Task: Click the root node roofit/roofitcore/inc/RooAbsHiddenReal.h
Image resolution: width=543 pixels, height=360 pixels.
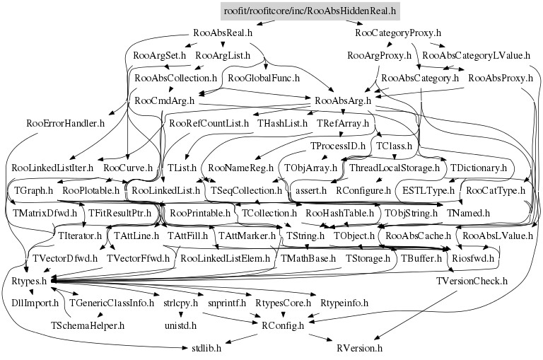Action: click(x=309, y=11)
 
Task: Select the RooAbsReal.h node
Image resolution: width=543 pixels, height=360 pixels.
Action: click(x=223, y=33)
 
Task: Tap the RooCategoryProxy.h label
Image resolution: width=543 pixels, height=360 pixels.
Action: click(x=398, y=33)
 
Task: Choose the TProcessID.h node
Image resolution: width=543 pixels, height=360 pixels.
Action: click(x=337, y=146)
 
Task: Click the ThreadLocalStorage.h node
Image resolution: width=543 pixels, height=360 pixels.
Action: click(x=395, y=168)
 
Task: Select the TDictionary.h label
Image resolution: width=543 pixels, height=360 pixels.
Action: click(x=479, y=168)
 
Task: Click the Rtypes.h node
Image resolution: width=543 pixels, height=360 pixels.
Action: click(x=29, y=281)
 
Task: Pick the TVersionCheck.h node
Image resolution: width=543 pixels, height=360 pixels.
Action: click(x=472, y=281)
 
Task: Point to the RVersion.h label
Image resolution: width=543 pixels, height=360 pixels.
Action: click(x=359, y=348)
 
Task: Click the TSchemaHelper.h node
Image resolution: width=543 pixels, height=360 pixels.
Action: click(x=87, y=325)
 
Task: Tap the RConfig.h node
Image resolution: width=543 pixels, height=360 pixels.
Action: click(x=282, y=325)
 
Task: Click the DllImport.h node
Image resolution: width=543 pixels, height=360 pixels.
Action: click(x=34, y=303)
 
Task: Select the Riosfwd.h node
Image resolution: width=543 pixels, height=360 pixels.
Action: click(x=474, y=258)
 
